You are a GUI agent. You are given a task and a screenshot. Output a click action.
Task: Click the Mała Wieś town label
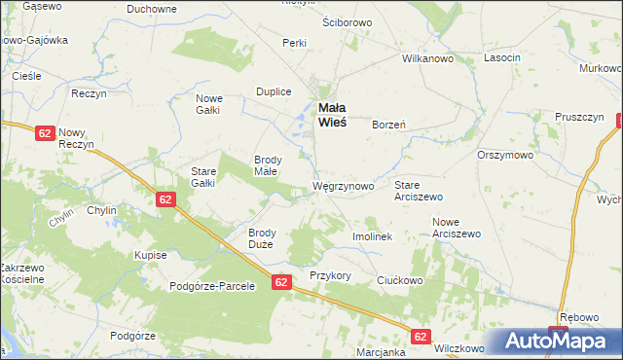click(x=330, y=116)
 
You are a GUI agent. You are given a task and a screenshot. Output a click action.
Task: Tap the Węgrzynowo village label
click(x=343, y=186)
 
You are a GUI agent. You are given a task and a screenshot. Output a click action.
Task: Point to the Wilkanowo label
click(x=429, y=58)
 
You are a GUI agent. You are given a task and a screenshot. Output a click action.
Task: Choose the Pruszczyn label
click(x=580, y=117)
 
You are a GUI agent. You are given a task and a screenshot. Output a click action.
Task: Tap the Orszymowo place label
click(x=504, y=155)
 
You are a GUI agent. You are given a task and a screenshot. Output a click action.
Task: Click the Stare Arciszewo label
click(x=419, y=190)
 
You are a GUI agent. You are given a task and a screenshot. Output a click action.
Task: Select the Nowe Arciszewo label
click(x=457, y=228)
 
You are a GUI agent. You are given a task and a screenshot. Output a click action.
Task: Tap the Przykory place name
click(x=330, y=275)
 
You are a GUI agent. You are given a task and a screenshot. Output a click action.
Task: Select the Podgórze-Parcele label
click(x=212, y=286)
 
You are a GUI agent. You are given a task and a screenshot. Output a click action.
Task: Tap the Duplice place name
click(x=274, y=91)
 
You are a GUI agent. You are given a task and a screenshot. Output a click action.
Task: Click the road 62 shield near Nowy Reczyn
click(x=44, y=133)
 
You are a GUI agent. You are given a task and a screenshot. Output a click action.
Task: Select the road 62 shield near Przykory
click(x=281, y=282)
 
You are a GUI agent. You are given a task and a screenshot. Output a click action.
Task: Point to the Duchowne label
click(x=152, y=8)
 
